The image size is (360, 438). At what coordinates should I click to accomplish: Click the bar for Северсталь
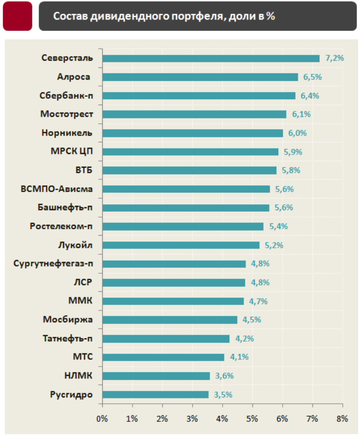[210, 58]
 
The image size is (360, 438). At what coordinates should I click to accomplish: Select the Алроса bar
[200, 77]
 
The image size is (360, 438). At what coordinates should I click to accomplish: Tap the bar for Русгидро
[156, 394]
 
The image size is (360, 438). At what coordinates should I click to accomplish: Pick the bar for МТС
[163, 357]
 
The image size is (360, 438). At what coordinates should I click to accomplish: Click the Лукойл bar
[181, 245]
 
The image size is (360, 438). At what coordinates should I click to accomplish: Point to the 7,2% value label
[335, 58]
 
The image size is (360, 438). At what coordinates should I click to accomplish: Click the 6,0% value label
[298, 133]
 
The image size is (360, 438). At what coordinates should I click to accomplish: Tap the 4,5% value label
[251, 320]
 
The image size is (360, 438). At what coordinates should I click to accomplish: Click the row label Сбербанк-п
[66, 96]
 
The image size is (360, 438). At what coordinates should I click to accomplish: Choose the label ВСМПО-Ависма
[57, 189]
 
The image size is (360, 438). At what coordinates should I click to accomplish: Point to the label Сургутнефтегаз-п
[54, 264]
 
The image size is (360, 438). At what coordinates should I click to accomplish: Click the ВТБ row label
[84, 170]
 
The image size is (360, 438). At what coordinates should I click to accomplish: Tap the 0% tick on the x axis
[102, 419]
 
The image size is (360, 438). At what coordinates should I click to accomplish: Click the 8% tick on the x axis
[342, 419]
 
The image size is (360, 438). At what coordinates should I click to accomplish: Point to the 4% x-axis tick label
[222, 419]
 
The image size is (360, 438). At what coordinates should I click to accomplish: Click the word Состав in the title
[67, 16]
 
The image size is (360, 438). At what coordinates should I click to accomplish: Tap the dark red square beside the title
[18, 16]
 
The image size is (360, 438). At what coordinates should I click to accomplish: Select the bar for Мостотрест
[194, 114]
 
